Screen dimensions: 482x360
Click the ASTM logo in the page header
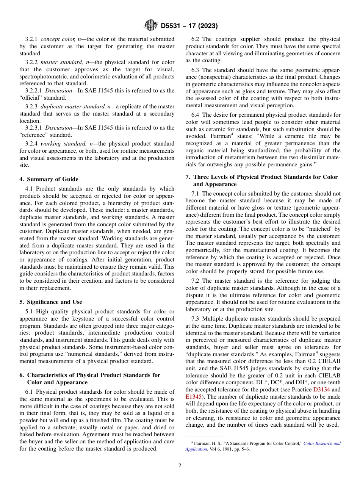pos(150,26)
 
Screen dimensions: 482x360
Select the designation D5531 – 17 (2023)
pos(189,26)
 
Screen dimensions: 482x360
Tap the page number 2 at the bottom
pos(180,466)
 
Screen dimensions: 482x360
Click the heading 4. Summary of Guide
pos(49,179)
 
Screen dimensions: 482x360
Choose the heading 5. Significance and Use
pos(51,302)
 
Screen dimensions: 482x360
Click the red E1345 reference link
pos(193,397)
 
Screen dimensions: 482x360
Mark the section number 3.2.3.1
pos(34,128)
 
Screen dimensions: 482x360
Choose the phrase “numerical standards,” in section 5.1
pos(92,354)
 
